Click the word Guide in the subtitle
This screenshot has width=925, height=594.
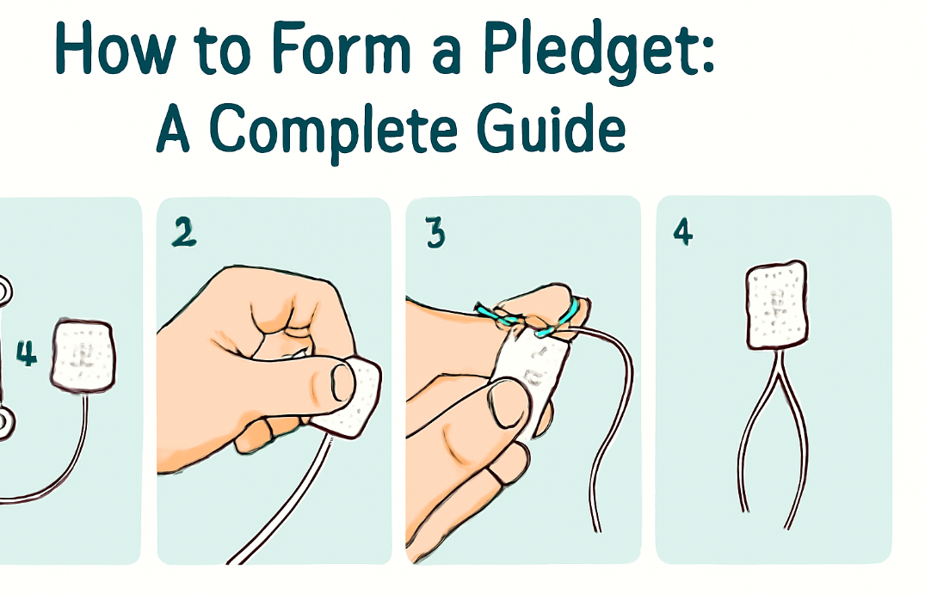(551, 126)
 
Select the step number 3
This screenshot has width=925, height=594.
(435, 233)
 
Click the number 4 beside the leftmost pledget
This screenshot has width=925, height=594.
(26, 353)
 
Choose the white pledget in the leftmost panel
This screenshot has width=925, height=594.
(83, 355)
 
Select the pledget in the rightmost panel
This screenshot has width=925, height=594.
(777, 305)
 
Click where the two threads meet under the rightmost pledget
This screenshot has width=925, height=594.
(774, 370)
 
